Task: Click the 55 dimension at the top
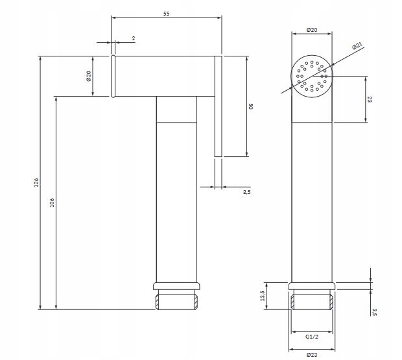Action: (x=167, y=14)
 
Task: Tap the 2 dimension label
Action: (x=134, y=38)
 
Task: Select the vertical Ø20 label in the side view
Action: (x=89, y=76)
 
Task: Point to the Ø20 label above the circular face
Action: (x=312, y=30)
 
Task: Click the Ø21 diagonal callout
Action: (x=357, y=45)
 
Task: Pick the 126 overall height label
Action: (x=36, y=182)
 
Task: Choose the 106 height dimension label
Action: (x=52, y=202)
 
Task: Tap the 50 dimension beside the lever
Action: (x=251, y=106)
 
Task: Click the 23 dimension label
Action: (x=370, y=99)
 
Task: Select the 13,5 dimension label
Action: (x=263, y=296)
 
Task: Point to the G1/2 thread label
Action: (x=312, y=337)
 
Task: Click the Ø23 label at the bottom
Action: (x=312, y=355)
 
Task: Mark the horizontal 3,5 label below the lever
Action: (x=246, y=192)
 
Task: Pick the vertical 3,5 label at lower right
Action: (x=374, y=312)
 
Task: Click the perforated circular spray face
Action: (x=312, y=76)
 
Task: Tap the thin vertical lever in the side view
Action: (x=218, y=106)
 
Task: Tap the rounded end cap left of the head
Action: (x=113, y=76)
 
